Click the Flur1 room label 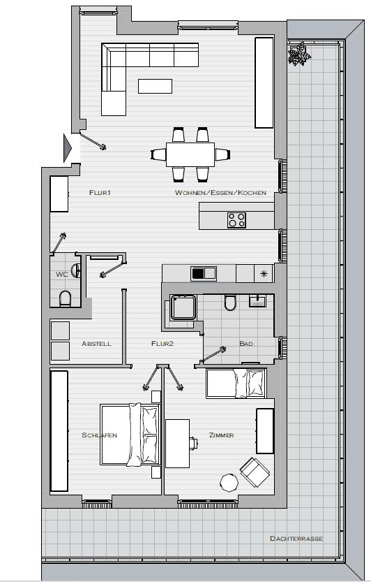click(100, 192)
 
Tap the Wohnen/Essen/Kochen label click(220, 192)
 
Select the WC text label click(61, 275)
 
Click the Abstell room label click(96, 344)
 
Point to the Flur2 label click(162, 344)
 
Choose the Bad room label click(245, 344)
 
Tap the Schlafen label click(99, 435)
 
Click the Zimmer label click(221, 435)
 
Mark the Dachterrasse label click(296, 539)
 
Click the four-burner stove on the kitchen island click(236, 219)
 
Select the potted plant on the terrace click(301, 54)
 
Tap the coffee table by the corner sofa click(155, 86)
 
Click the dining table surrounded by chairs click(190, 153)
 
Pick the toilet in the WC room click(66, 300)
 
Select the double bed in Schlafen click(129, 434)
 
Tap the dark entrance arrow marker click(68, 147)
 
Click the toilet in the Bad click(230, 303)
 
